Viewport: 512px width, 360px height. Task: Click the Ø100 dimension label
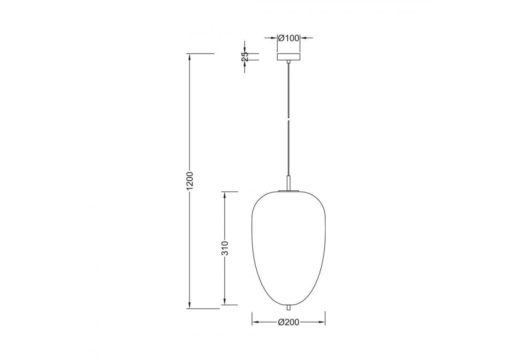(288, 38)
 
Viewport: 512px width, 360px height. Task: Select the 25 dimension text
(245, 57)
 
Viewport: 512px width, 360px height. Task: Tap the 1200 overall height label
(190, 180)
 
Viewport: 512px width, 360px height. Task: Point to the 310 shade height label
(225, 248)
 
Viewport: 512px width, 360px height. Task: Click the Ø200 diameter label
(288, 322)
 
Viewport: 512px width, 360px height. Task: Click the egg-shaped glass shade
(288, 248)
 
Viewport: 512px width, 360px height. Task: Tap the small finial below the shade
(288, 308)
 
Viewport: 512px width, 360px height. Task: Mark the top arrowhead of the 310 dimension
(225, 195)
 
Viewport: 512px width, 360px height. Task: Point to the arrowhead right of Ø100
(303, 38)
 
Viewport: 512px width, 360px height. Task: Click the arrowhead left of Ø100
(274, 38)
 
